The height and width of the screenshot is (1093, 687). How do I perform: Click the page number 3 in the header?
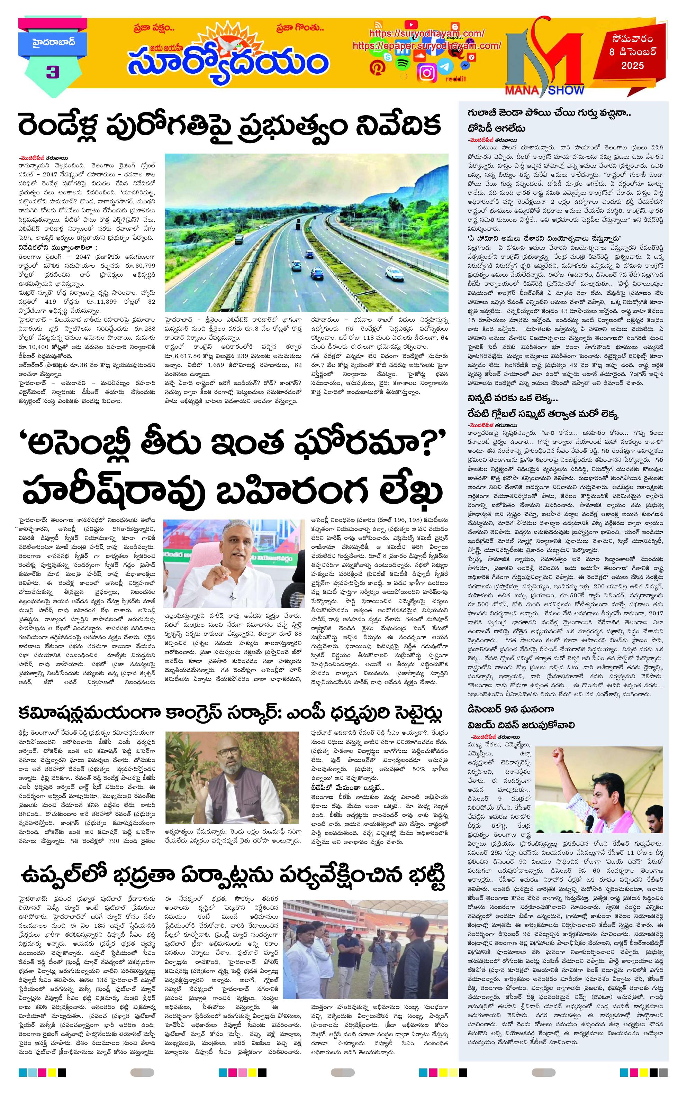tap(53, 72)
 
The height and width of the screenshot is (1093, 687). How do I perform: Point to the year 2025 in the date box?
tap(633, 66)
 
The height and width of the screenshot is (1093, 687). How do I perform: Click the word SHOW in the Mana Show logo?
tap(565, 90)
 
